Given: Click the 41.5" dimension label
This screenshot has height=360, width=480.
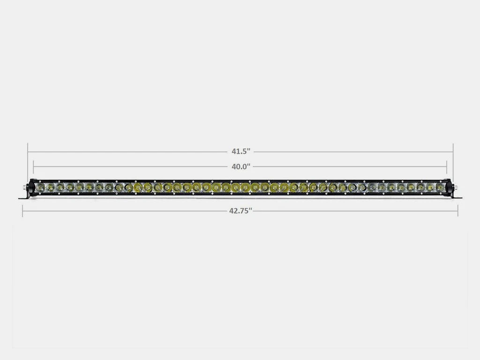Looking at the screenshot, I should tap(240, 151).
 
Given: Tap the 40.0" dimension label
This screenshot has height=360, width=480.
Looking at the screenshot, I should tap(240, 166).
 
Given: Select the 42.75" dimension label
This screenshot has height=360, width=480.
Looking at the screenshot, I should tap(240, 210).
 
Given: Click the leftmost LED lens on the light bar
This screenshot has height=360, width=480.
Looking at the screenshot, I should tap(40, 187).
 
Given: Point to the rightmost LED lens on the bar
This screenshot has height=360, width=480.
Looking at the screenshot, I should tap(440, 187).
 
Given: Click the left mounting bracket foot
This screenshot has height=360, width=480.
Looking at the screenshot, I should tap(23, 197).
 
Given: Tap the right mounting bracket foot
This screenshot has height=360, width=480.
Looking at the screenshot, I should tap(457, 197).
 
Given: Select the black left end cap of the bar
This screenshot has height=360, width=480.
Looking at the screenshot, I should tap(32, 187).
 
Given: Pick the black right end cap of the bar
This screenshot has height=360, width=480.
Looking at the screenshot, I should tap(448, 187).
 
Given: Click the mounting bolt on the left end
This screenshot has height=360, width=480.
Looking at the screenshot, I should tap(26, 187).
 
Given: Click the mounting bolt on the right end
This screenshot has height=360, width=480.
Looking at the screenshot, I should tap(454, 187).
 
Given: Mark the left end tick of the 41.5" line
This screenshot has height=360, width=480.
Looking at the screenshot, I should tap(28, 152).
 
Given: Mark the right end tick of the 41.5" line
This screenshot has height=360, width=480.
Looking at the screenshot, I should tap(453, 152).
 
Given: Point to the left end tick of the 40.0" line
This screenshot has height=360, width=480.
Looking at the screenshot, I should tap(33, 166).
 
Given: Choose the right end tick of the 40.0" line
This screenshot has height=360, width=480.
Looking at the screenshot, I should tap(447, 166).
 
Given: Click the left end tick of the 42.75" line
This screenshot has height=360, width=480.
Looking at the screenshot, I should tap(22, 210).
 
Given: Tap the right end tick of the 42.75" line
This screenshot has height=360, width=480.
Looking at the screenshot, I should tap(458, 210).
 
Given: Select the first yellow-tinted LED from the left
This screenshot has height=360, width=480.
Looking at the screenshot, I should tap(138, 187).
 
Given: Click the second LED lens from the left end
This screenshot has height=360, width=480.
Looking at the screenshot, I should tap(50, 187).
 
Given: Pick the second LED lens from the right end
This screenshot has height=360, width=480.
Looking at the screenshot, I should tap(430, 187).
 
